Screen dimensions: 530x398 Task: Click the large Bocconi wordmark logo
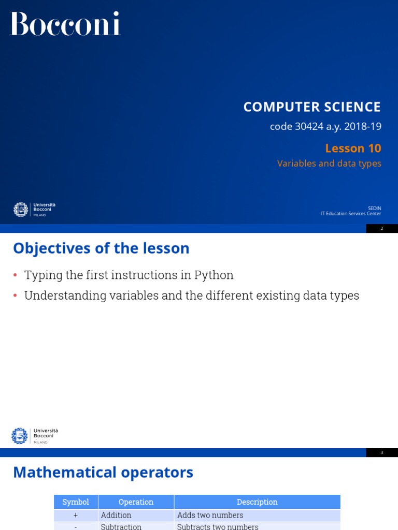65,24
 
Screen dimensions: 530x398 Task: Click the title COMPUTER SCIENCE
312,107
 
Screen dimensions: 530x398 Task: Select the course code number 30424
308,127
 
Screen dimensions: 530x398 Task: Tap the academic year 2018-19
363,127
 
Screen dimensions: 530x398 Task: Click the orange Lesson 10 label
353,149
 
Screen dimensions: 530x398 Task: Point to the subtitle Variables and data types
329,164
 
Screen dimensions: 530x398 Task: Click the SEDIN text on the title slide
374,208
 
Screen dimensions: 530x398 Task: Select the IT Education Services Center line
351,214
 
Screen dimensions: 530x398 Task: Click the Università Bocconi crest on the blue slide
21,210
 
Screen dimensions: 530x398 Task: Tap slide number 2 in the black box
382,228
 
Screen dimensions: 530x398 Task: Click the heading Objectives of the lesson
101,248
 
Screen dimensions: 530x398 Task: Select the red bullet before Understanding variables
15,296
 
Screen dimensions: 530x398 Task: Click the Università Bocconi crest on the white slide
20,436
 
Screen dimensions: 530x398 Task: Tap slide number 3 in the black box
382,452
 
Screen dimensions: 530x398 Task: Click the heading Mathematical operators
103,473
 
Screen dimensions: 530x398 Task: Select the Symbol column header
76,502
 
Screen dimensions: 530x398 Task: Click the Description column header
257,502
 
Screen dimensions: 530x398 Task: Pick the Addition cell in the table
116,516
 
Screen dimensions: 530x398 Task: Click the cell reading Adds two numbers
210,516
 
